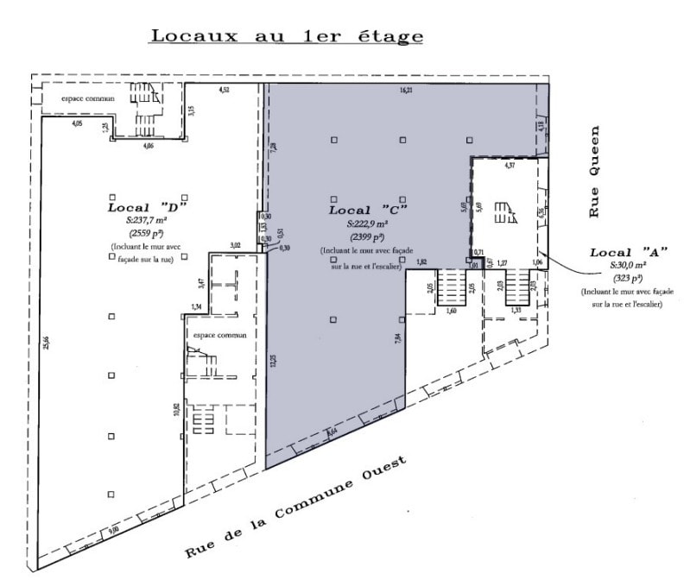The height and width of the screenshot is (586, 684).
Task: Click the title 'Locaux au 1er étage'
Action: pos(287,36)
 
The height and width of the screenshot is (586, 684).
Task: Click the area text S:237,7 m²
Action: pos(147,220)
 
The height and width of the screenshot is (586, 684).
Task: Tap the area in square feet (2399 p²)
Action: pos(367,236)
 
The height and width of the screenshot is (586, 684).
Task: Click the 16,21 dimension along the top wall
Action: pos(406,91)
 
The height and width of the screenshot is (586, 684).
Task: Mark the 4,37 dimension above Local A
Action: pos(510,164)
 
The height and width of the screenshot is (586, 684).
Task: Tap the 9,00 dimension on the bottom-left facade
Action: pos(111,532)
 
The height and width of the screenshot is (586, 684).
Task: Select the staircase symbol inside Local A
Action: pos(504,212)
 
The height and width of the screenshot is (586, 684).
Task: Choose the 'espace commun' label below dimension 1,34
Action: pos(220,335)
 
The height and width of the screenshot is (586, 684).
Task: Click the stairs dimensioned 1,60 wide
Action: pos(451,287)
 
